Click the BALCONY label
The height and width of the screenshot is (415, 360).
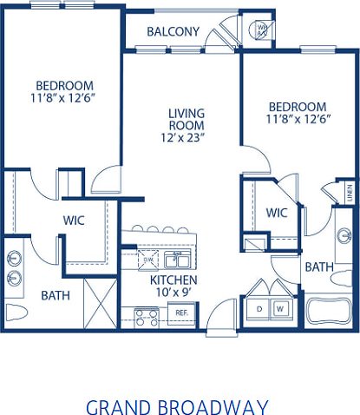(x=173, y=32)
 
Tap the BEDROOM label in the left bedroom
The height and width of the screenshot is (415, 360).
(x=64, y=85)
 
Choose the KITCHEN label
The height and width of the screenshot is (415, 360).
(x=173, y=280)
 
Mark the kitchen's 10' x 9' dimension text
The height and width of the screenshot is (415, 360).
(x=173, y=293)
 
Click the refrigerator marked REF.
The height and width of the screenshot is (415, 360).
(x=181, y=312)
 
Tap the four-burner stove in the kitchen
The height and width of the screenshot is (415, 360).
(x=147, y=317)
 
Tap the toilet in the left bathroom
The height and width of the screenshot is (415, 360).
(x=16, y=311)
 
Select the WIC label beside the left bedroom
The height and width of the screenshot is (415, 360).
(x=72, y=221)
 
